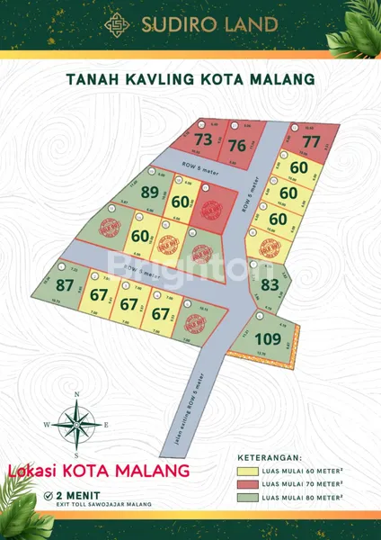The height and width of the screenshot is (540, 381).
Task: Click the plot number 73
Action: tap(203, 139)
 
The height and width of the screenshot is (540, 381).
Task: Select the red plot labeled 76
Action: tap(237, 146)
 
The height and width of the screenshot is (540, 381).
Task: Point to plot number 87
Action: tap(65, 285)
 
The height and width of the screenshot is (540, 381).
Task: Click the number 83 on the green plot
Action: tap(269, 286)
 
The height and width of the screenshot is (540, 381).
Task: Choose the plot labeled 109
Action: tap(268, 339)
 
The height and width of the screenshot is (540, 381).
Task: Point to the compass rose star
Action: tap(76, 424)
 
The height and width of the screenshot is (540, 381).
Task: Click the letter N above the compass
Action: tap(77, 394)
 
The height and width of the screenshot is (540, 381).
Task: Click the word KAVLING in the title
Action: tap(164, 79)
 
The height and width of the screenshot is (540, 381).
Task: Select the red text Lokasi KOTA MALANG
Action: tap(98, 471)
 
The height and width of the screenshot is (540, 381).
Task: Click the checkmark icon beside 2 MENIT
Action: tap(47, 494)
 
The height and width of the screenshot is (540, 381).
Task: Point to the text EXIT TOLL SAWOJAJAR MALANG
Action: tap(102, 504)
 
